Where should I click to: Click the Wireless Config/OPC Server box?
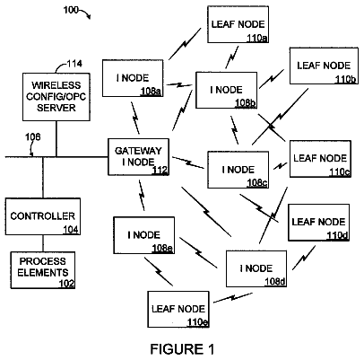coord(56,97)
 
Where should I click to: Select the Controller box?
coord(43,216)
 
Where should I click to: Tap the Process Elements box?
coord(43,270)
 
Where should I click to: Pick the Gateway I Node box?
coord(138,157)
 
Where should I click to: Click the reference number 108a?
coord(152,92)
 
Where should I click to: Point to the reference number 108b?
coord(245,103)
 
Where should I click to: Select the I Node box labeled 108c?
coord(238,170)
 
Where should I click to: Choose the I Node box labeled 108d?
coord(256,268)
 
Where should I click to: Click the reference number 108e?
coord(162,249)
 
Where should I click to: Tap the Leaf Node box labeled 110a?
coord(238,24)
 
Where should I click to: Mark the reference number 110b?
coord(346,79)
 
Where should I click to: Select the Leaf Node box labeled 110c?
coord(320,159)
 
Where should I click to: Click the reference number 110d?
coord(337,236)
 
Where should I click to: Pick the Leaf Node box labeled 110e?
coord(178,309)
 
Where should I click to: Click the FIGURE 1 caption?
coord(182,349)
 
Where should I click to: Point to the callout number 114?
coord(74,64)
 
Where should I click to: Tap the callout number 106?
coord(32,137)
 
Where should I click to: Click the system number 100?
coord(71,10)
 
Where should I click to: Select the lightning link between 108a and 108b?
coord(179,85)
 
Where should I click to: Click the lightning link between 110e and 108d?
coord(233,298)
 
